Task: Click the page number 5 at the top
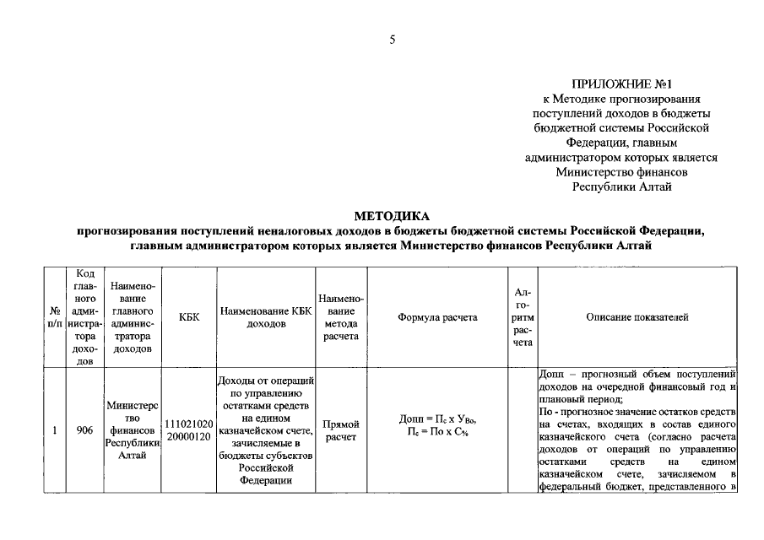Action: click(392, 39)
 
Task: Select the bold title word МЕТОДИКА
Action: click(391, 217)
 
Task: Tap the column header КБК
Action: click(189, 317)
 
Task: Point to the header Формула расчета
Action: click(437, 317)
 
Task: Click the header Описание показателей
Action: click(637, 317)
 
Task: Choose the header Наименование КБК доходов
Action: click(266, 317)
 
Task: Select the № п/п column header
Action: click(54, 317)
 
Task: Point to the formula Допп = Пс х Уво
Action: click(437, 419)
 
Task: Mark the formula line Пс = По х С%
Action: click(437, 433)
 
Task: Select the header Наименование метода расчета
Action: click(341, 317)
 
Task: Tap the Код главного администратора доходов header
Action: click(84, 317)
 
